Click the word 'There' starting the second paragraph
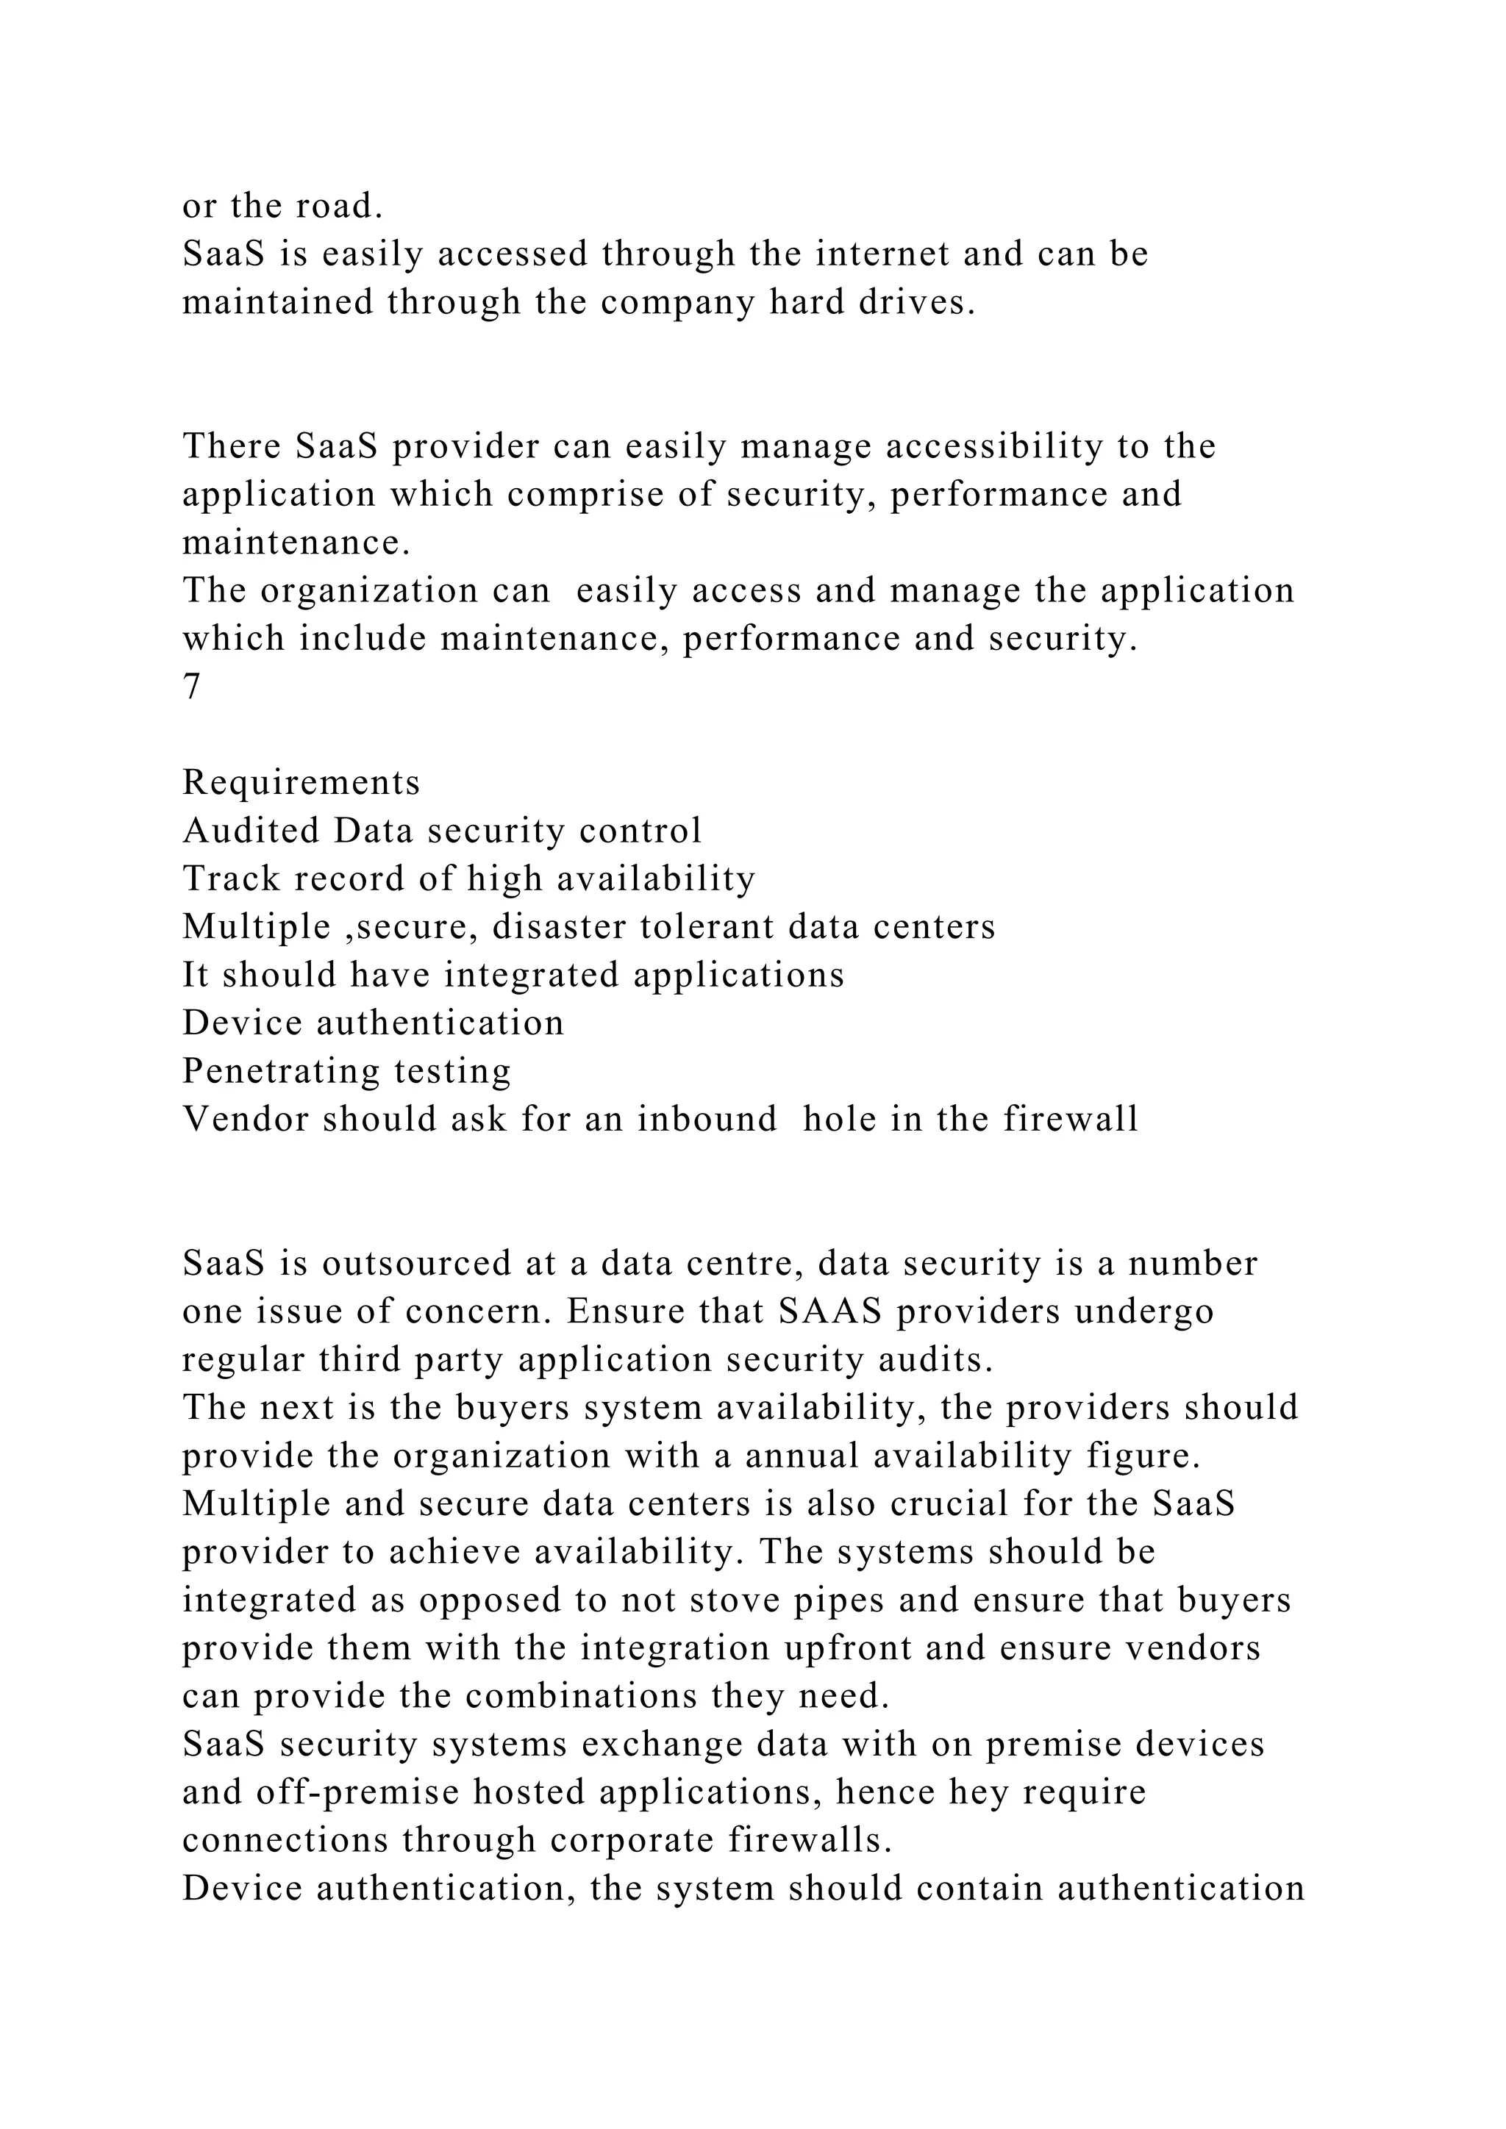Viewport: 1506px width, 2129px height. (x=232, y=446)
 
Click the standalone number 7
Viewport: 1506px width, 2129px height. (x=191, y=687)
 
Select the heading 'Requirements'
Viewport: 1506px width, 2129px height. (x=301, y=783)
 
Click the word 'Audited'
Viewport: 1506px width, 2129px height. (x=251, y=831)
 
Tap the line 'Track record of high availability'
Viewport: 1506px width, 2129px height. (x=469, y=879)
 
